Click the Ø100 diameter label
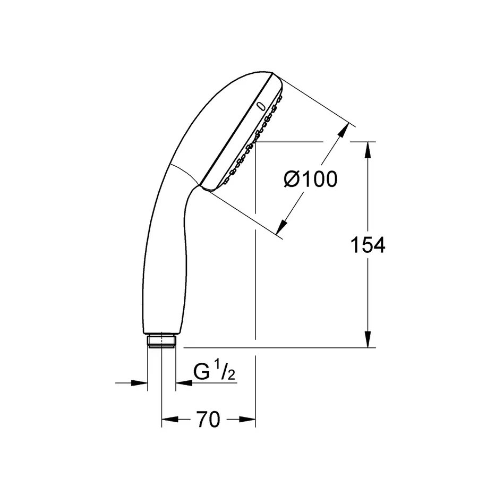[311, 180]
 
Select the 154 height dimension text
[368, 245]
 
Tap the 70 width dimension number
[208, 420]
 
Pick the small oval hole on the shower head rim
[260, 106]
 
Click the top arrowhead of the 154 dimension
[367, 150]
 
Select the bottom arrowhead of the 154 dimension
[367, 339]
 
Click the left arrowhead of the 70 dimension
[169, 420]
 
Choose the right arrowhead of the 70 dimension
[249, 420]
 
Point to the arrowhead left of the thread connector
[140, 382]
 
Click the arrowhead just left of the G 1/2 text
[182, 382]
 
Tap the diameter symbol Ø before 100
[292, 180]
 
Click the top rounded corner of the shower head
[274, 74]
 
